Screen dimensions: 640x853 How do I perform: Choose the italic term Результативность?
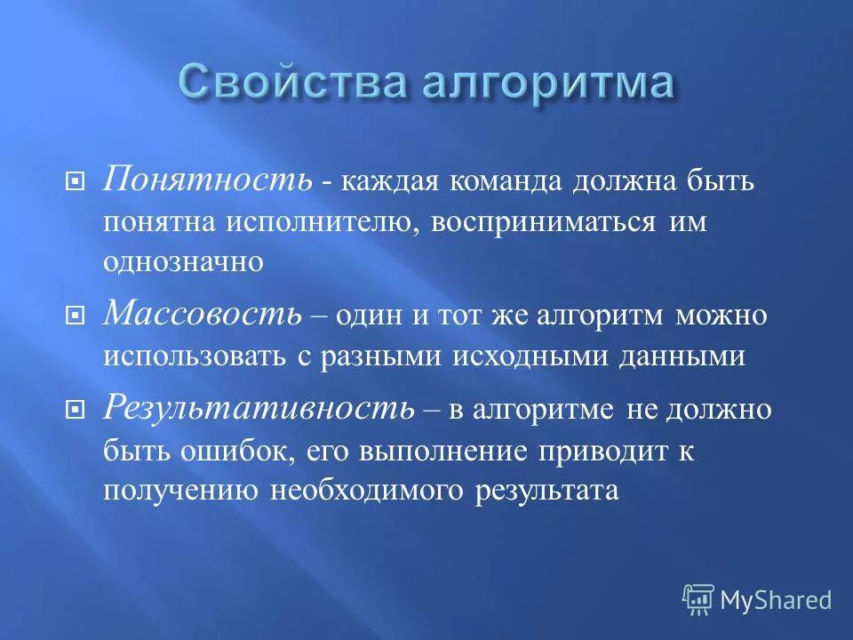[x=259, y=408]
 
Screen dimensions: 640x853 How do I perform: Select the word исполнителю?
[x=322, y=222]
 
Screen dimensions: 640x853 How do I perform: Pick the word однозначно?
[x=183, y=262]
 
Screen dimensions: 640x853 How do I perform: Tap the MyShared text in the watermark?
[x=776, y=600]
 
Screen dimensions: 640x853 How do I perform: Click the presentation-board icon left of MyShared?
[x=698, y=600]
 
